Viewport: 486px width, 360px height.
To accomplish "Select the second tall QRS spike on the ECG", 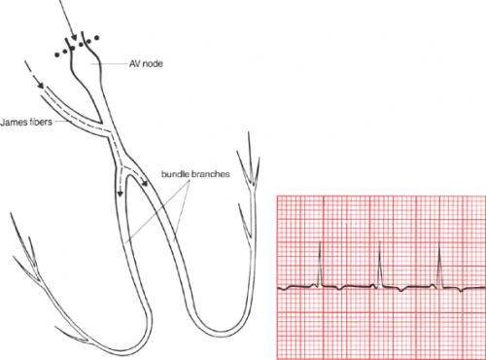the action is tap(378, 261).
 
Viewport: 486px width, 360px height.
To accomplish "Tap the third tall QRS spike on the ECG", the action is tap(439, 261).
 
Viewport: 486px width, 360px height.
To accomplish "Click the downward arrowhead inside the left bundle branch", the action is tap(121, 192).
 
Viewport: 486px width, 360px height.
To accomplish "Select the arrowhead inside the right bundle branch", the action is tap(143, 181).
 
